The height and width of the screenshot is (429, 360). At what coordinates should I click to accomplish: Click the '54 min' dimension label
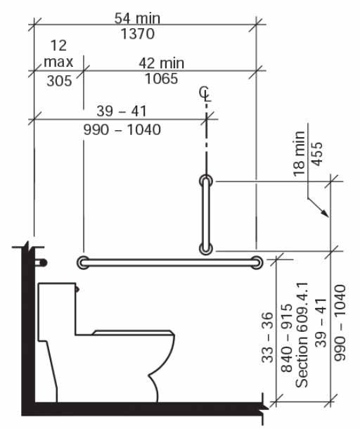[137, 18]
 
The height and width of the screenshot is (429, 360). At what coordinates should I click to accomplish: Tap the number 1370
[138, 34]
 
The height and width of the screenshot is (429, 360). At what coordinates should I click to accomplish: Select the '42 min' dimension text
[162, 63]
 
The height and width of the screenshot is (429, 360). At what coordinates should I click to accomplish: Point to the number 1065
[162, 79]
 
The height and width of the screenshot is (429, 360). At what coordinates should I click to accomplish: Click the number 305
[59, 81]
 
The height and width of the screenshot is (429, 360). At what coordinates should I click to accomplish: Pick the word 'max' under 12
[58, 62]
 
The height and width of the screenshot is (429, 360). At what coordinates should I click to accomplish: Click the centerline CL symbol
[205, 93]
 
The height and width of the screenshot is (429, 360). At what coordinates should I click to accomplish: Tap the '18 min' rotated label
[299, 153]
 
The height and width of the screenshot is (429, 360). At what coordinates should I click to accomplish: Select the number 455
[317, 154]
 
